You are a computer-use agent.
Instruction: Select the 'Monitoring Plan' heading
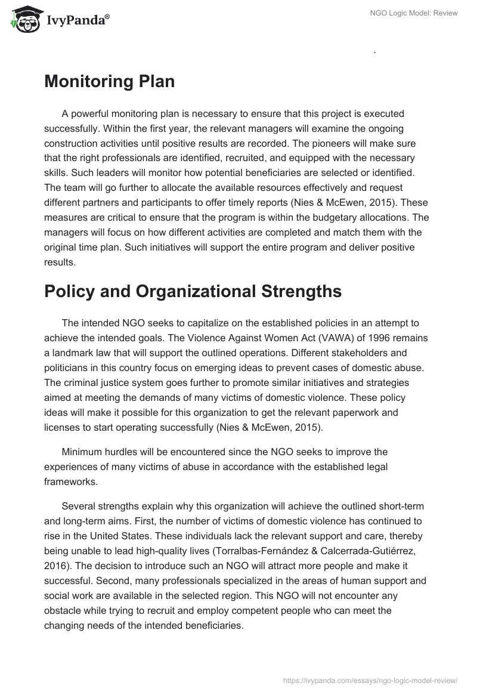pyautogui.click(x=109, y=82)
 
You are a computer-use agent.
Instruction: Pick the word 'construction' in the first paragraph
pyautogui.click(x=72, y=144)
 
